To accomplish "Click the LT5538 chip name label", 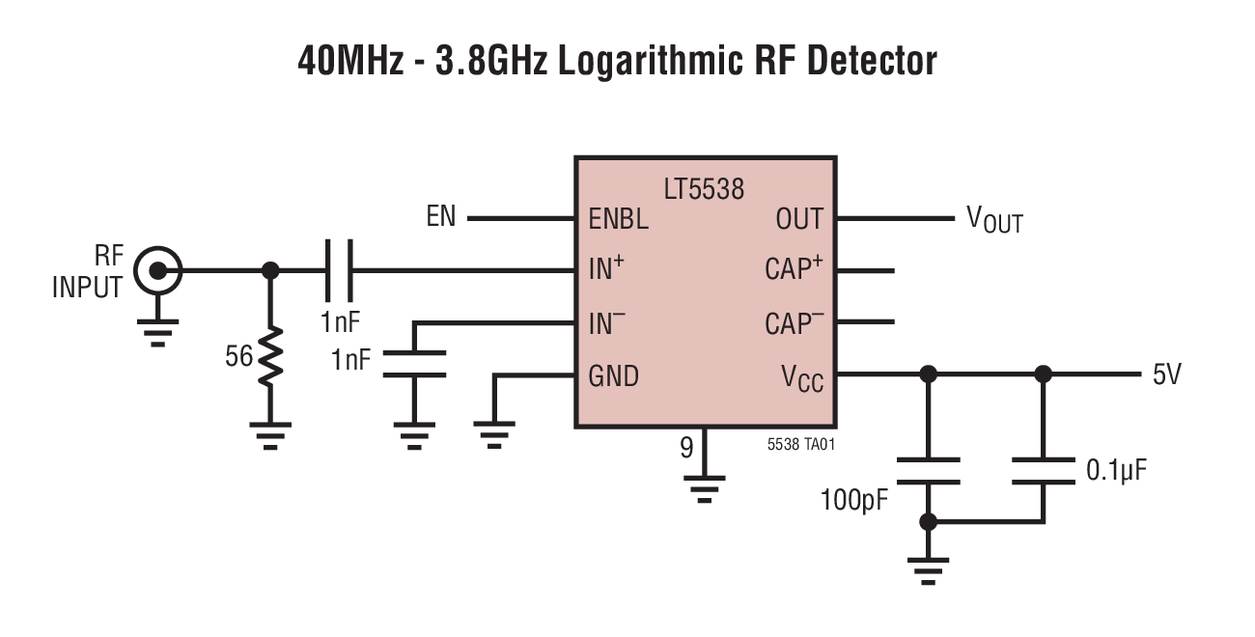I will point(704,188).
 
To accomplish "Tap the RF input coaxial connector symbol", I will point(156,271).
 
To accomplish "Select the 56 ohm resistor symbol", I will point(271,356).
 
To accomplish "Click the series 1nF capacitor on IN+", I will point(338,271).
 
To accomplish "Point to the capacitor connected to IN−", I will point(414,364).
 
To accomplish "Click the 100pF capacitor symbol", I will point(928,471).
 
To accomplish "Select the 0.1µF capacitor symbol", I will point(1043,471).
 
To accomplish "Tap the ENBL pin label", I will point(619,219).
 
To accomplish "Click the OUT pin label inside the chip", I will point(798,219).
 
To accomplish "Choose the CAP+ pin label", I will point(794,269).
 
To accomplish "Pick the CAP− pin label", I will point(794,323).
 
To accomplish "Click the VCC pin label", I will point(802,377).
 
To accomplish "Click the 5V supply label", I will point(1166,374).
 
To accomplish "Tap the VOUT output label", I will point(994,220).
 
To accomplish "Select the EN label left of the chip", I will point(441,217).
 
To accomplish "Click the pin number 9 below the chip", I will point(686,448).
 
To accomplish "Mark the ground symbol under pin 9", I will point(706,490).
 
